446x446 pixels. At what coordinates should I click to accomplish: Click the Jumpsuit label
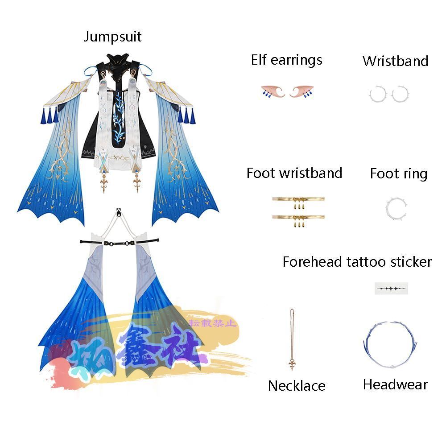[x=112, y=37]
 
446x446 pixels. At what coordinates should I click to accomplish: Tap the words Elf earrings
[x=286, y=60]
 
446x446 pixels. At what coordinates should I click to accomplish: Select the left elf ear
[x=273, y=92]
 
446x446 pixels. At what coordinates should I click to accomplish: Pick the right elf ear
[x=301, y=92]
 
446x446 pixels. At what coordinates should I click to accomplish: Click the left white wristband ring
[x=377, y=94]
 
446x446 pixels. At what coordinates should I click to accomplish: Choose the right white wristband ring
[x=400, y=94]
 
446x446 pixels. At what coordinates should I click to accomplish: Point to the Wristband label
[x=395, y=61]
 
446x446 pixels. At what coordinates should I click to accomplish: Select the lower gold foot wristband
[x=298, y=218]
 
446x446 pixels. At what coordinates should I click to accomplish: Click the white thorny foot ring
[x=396, y=208]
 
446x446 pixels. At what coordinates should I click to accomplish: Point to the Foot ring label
[x=398, y=174]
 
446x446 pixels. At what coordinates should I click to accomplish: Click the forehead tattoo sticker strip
[x=391, y=289]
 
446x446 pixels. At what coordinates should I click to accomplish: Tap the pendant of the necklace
[x=292, y=365]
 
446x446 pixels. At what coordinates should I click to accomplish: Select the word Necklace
[x=297, y=386]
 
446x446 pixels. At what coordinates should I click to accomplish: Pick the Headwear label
[x=395, y=384]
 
